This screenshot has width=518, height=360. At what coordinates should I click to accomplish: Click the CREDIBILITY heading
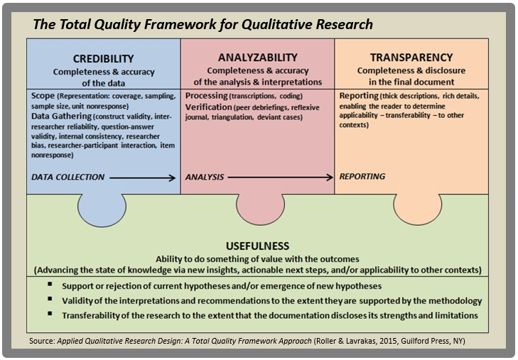pos(103,58)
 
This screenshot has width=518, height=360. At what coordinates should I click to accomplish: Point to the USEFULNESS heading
pos(258,246)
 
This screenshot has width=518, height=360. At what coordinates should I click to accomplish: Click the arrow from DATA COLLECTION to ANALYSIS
pos(143,178)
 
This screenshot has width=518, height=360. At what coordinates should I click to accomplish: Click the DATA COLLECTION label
pos(68,177)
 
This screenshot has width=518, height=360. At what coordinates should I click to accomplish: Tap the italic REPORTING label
pos(362,177)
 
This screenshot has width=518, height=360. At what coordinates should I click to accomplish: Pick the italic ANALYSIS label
pos(205,177)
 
